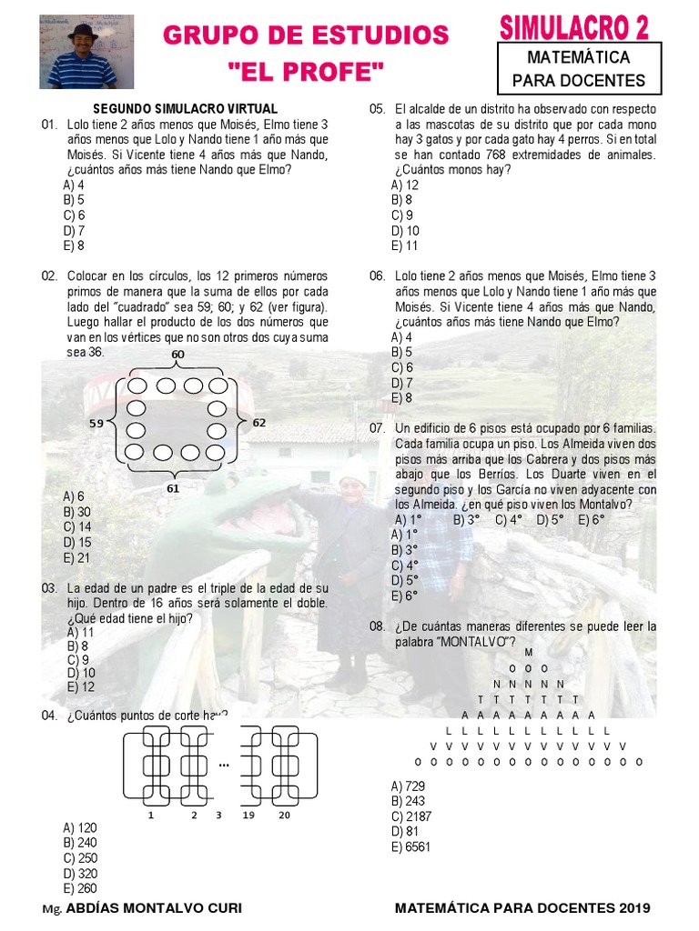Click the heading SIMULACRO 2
573,27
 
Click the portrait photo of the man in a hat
86,51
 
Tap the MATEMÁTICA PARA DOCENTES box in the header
579,69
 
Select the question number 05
378,109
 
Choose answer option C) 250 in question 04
80,858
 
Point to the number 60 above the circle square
177,354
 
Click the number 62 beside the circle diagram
258,422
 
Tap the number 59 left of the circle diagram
96,424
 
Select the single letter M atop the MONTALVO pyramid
529,652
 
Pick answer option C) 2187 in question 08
411,816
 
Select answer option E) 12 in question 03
80,687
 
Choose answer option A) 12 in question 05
406,185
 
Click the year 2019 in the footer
630,909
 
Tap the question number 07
378,428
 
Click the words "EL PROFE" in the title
305,70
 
